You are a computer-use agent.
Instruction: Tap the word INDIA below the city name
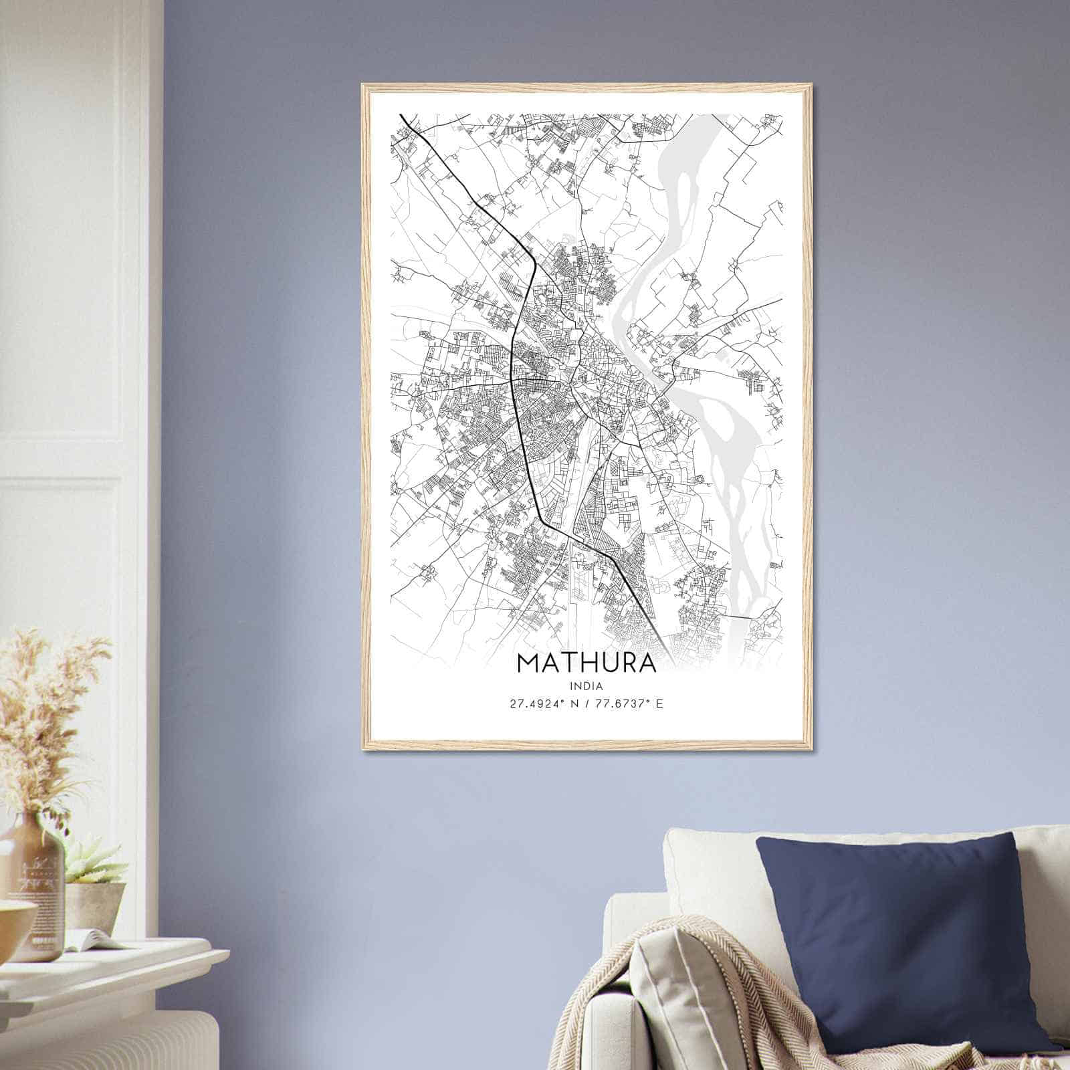[586, 686]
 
